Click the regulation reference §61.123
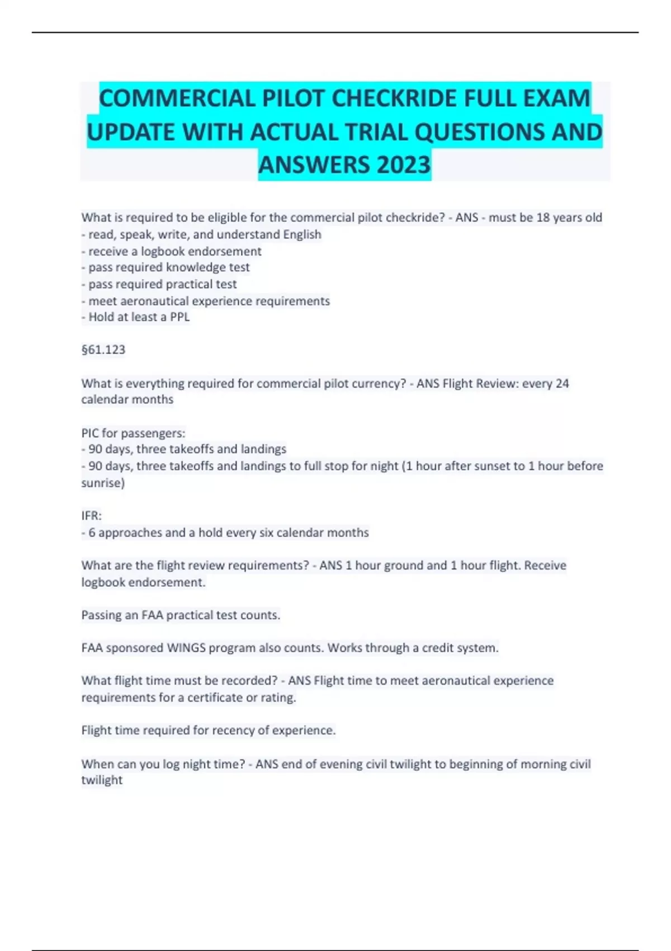coord(103,350)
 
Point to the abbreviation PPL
coord(179,317)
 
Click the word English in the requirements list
coord(302,234)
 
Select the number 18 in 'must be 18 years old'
coord(543,218)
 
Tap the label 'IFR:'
coord(92,516)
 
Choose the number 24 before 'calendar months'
coord(562,384)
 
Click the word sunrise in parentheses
coord(102,483)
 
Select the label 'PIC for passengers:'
coord(133,433)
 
